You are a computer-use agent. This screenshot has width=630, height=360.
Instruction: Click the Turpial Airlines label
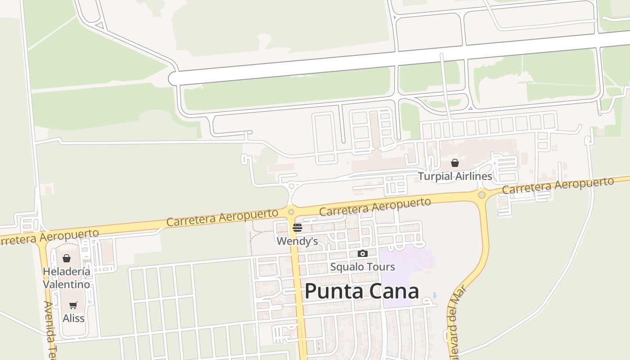click(455, 176)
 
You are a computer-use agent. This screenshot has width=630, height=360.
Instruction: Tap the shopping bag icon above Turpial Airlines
click(455, 163)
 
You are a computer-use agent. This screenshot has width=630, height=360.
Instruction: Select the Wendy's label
click(297, 241)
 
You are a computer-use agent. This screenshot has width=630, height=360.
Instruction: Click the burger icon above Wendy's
click(297, 228)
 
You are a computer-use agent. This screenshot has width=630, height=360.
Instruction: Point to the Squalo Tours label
click(362, 267)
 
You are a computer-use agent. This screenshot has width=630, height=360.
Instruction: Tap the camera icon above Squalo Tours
click(362, 254)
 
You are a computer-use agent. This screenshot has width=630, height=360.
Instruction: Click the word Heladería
click(67, 271)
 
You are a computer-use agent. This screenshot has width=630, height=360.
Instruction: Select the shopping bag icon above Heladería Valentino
click(67, 258)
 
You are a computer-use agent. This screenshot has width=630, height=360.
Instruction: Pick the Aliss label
click(73, 318)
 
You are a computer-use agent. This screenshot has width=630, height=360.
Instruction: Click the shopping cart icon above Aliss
click(73, 305)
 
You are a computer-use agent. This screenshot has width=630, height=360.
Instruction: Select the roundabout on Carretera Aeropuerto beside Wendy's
click(291, 211)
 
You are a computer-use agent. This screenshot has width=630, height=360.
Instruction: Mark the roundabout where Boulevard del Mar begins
click(482, 195)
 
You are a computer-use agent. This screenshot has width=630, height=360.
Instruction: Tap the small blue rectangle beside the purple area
click(434, 295)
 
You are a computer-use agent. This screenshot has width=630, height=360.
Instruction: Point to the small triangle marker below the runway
click(470, 108)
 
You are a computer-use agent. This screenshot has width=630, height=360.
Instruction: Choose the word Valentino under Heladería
click(67, 284)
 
